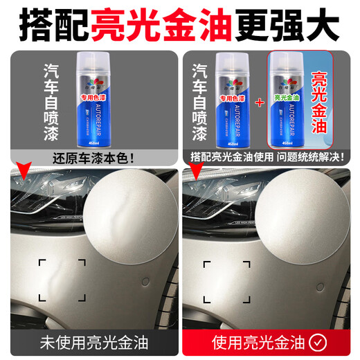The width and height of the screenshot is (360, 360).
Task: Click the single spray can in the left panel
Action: (103, 102)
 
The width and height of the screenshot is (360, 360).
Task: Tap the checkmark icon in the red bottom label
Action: (317, 341)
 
